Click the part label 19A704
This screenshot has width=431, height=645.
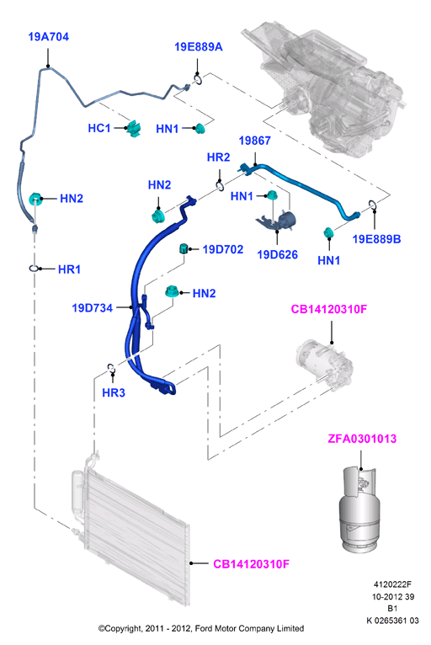(x=49, y=37)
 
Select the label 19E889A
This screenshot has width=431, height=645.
(x=198, y=47)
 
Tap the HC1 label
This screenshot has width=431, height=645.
(x=99, y=128)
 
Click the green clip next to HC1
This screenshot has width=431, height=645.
(x=134, y=128)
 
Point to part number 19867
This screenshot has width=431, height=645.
(x=254, y=141)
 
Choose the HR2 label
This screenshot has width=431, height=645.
(x=218, y=157)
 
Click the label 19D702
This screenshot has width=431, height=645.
(x=223, y=249)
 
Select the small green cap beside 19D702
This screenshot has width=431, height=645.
(x=184, y=248)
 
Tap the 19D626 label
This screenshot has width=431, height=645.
(x=277, y=254)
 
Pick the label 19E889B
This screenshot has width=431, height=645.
(x=377, y=239)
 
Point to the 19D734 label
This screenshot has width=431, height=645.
(x=92, y=307)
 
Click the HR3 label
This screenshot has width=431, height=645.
(x=114, y=393)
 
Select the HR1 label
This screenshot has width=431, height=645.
(x=69, y=269)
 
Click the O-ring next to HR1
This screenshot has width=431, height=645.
(x=34, y=269)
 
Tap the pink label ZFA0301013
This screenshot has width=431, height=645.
(x=362, y=439)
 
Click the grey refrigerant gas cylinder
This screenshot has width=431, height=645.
(x=359, y=509)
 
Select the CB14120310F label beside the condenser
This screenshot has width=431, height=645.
(x=252, y=564)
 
